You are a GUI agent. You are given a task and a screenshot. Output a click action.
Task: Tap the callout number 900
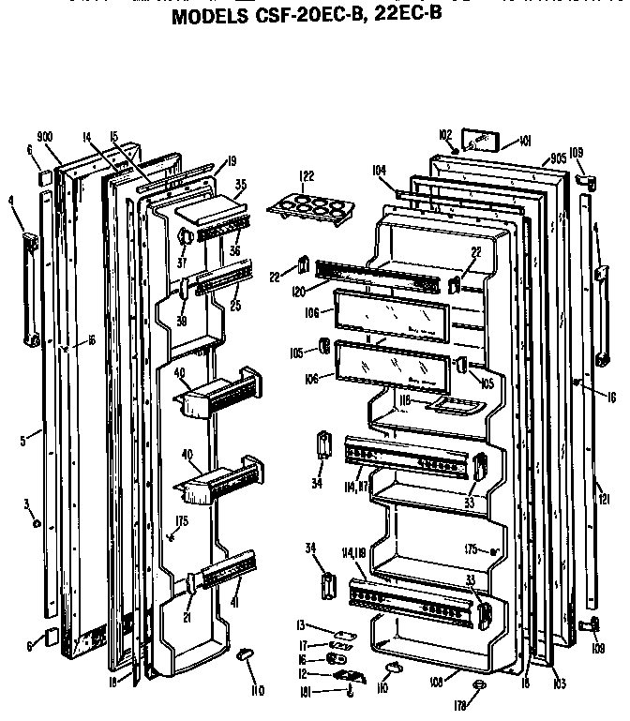[x=45, y=134]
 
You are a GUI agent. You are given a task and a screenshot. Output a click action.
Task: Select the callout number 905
[x=558, y=158]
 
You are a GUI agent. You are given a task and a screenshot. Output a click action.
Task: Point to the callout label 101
[x=524, y=142]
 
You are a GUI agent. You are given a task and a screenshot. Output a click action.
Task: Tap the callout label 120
[x=299, y=292]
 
